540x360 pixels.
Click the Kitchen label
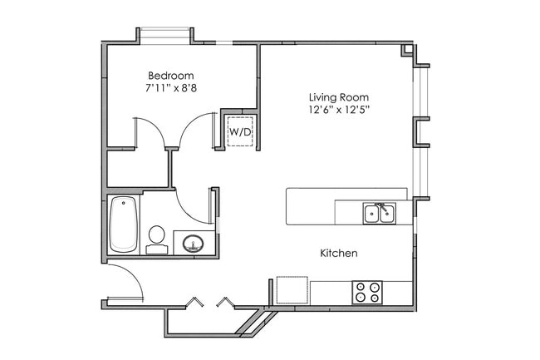(339, 252)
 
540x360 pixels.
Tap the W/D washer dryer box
(240, 131)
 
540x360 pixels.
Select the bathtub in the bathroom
(123, 224)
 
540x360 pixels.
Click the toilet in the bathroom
(155, 238)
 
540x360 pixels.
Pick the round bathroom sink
(194, 244)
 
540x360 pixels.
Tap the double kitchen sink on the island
(379, 214)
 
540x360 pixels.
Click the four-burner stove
(368, 292)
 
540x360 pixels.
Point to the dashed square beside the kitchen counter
(292, 291)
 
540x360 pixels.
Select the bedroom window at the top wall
(165, 34)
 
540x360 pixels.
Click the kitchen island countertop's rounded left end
(291, 206)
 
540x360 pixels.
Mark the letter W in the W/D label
(234, 131)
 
